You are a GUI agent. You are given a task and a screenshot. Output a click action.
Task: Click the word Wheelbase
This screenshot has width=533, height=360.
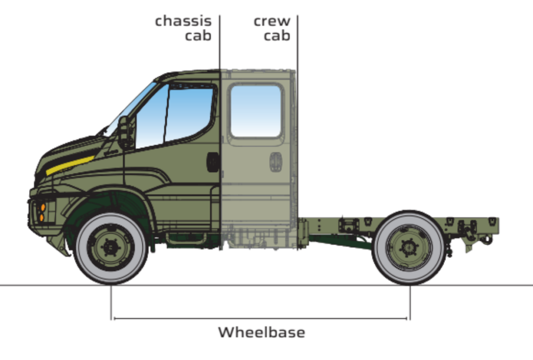tap(261, 332)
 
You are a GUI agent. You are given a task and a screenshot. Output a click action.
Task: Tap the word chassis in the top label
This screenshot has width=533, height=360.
tap(183, 21)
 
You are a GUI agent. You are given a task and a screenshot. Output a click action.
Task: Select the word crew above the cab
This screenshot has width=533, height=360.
tap(272, 21)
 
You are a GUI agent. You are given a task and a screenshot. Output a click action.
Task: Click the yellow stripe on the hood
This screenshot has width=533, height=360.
tap(70, 165)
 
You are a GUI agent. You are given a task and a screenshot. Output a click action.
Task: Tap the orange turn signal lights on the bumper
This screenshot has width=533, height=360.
tap(42, 212)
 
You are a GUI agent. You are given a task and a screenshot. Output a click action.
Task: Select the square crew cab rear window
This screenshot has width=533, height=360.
tap(256, 111)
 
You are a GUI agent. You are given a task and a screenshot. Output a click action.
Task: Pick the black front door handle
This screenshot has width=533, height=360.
tap(212, 162)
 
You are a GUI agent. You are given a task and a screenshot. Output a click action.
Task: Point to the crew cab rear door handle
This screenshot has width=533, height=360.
tap(276, 162)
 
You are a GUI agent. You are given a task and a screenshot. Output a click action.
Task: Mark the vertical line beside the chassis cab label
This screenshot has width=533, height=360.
tap(220, 133)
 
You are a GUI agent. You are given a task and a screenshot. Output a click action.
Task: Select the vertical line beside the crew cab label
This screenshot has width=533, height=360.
tap(297, 133)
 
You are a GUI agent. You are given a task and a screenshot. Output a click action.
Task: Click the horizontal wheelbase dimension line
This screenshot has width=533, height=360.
tap(260, 318)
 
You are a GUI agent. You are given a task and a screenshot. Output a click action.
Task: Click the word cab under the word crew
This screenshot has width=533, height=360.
tap(277, 36)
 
